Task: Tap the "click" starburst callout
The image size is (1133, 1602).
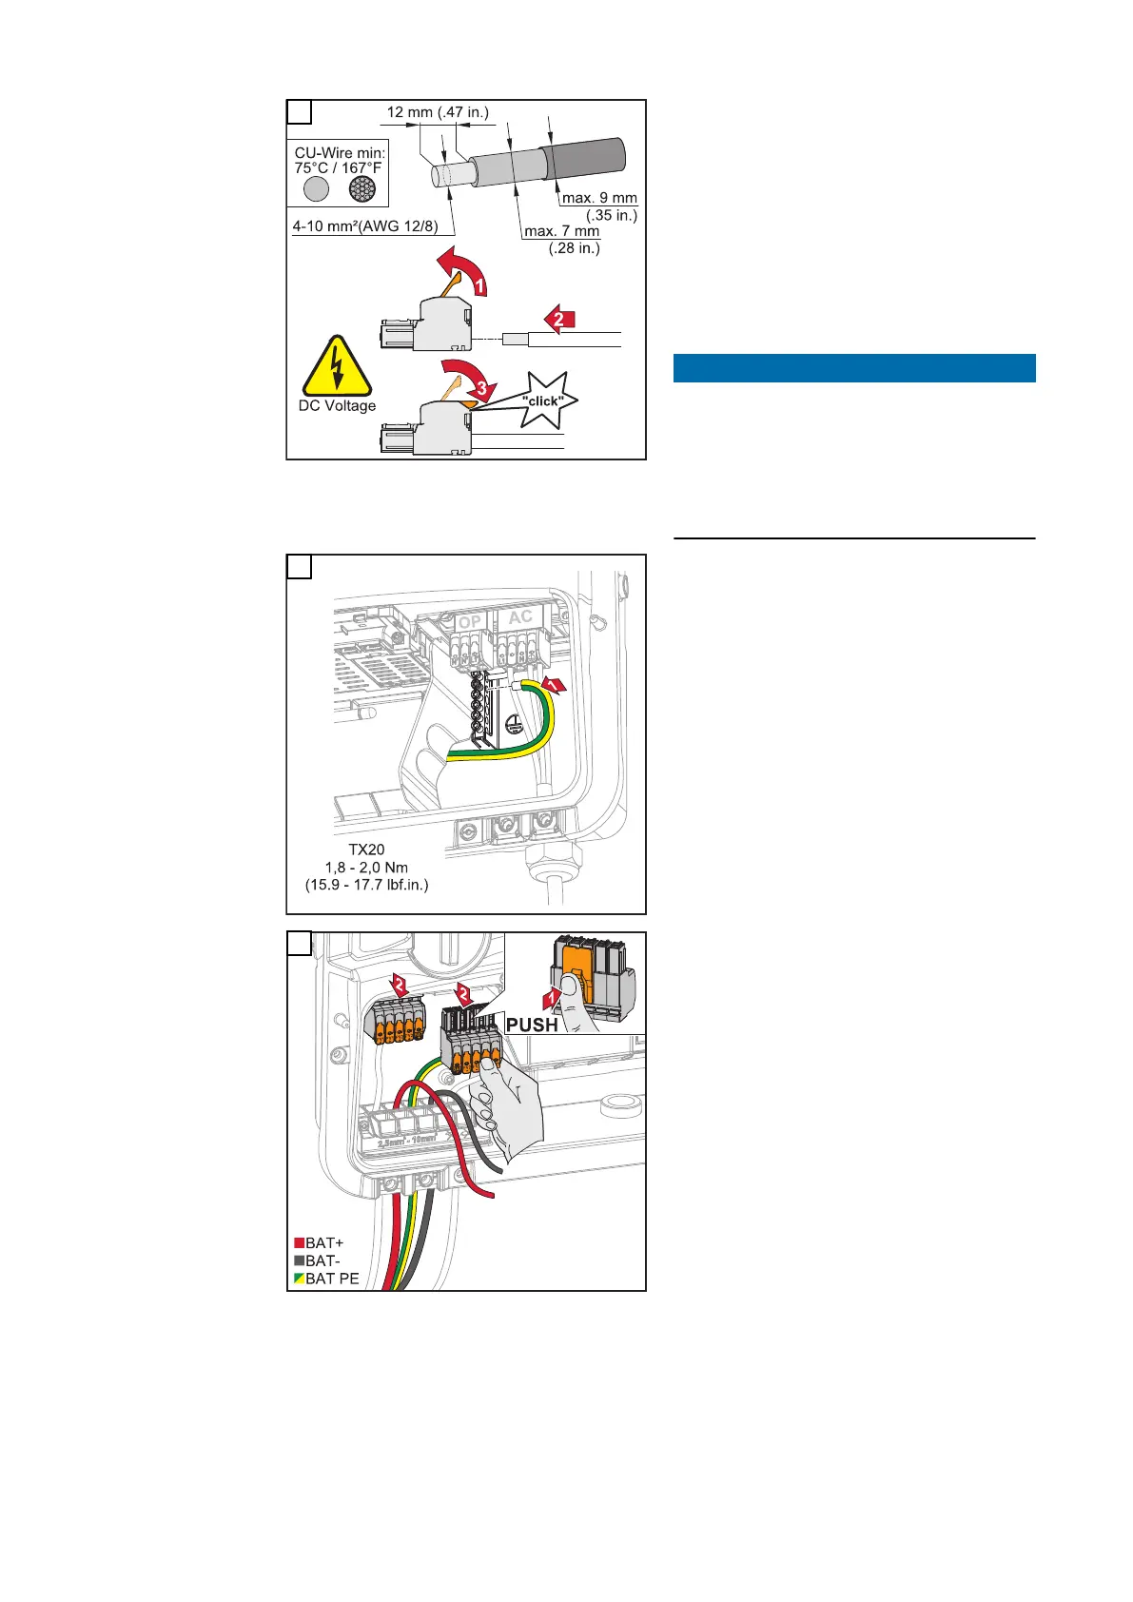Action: click(543, 400)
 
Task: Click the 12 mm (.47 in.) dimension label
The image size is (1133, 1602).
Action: click(438, 112)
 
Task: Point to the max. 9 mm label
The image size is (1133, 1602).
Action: click(599, 198)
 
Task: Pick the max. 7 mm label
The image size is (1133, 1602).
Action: click(562, 231)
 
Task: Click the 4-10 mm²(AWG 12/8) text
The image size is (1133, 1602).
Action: click(365, 227)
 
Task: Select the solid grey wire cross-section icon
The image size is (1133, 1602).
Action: click(316, 189)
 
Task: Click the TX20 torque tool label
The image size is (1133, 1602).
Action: click(366, 850)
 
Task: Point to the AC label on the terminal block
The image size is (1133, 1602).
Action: click(520, 617)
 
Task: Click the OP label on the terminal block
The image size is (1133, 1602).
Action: click(470, 621)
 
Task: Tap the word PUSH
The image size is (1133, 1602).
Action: click(532, 1025)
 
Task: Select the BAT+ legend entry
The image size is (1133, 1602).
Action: click(320, 1242)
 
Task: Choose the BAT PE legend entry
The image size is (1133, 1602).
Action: click(326, 1279)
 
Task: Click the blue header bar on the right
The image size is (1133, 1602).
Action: click(853, 368)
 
